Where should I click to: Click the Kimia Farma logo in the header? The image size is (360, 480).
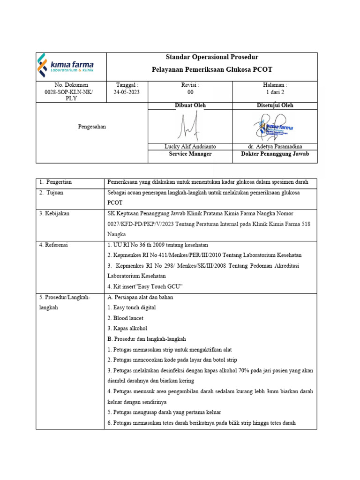(66, 66)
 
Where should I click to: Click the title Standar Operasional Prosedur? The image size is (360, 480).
(212, 58)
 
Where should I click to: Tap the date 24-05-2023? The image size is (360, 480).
(127, 92)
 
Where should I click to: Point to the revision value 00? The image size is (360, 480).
(190, 92)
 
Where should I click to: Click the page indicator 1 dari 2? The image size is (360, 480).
(275, 92)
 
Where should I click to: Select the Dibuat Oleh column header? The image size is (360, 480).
(190, 105)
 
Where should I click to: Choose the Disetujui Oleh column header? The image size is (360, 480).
(275, 105)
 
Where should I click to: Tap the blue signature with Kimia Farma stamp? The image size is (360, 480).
(275, 126)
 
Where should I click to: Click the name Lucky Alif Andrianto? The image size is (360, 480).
(190, 147)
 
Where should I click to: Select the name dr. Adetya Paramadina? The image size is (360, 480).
(275, 147)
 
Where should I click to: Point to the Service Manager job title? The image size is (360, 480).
(190, 154)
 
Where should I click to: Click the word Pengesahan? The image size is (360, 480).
(92, 127)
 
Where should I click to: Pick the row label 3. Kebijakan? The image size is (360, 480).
(54, 213)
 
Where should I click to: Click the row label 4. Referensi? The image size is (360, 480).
(54, 245)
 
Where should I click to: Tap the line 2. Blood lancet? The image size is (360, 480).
(125, 318)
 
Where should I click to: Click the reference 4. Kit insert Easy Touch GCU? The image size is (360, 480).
(145, 286)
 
